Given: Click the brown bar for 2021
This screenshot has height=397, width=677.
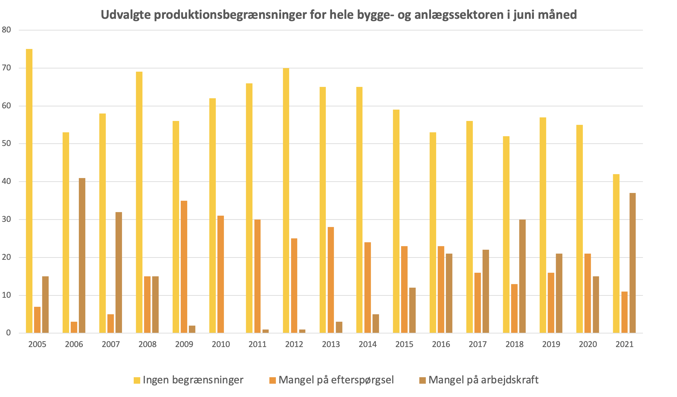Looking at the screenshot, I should (x=633, y=263).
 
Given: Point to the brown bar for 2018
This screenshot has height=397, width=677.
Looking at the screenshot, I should (x=523, y=276).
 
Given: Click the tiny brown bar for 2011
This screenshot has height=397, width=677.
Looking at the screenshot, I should (x=265, y=331).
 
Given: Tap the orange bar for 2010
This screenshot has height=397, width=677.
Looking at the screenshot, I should (x=221, y=274).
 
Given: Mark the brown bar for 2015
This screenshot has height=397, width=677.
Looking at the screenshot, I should (x=412, y=310).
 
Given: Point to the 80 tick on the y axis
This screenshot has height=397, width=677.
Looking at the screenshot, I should (x=6, y=30).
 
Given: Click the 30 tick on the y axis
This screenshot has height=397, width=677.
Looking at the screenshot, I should (x=6, y=220).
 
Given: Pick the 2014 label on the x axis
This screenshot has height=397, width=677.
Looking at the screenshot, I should (x=367, y=344).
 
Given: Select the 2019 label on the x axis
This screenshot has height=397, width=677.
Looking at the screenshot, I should (x=551, y=344).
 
